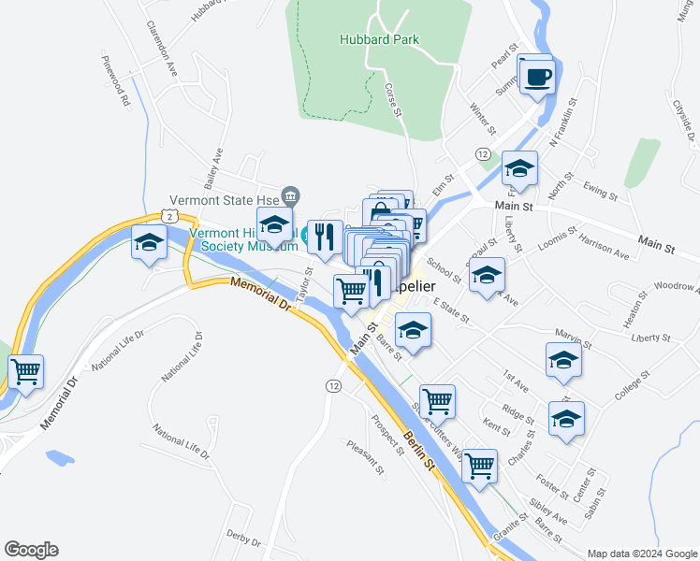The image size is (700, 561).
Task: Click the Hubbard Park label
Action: click(379, 39)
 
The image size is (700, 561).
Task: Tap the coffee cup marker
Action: click(536, 77)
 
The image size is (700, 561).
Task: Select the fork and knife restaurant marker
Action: click(324, 237)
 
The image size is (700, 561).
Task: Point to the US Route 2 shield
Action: click(168, 216)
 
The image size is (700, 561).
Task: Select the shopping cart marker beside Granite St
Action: click(480, 464)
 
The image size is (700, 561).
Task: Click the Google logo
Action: click(31, 550)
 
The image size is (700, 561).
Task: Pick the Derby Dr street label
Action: click(242, 539)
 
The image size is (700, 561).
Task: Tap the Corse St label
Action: click(392, 100)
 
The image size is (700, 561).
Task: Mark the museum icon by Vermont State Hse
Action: click(292, 195)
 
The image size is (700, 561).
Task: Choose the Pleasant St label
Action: click(365, 458)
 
